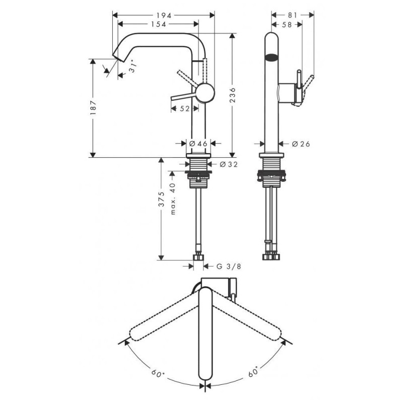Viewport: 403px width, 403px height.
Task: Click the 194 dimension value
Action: point(163,16)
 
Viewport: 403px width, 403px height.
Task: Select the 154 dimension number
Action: point(158,24)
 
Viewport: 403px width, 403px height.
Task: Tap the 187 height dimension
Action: point(93,108)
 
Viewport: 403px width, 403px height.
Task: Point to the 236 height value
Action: point(232,95)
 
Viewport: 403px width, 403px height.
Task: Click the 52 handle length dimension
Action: point(184,109)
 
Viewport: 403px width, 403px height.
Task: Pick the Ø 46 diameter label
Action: point(198,144)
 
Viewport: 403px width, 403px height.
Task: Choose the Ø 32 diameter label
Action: point(229,164)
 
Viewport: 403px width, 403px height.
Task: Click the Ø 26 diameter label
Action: point(301,144)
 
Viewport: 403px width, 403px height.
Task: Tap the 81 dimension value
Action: point(293,16)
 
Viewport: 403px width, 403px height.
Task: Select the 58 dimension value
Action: point(287,24)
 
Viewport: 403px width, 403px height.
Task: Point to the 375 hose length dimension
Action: point(161,198)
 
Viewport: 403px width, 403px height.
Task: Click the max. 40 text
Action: point(172,198)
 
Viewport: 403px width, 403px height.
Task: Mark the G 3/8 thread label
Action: point(229,266)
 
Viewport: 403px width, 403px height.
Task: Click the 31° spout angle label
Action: point(132,66)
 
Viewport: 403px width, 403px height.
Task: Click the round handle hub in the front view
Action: point(205,93)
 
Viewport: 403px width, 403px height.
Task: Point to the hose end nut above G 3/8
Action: point(198,257)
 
